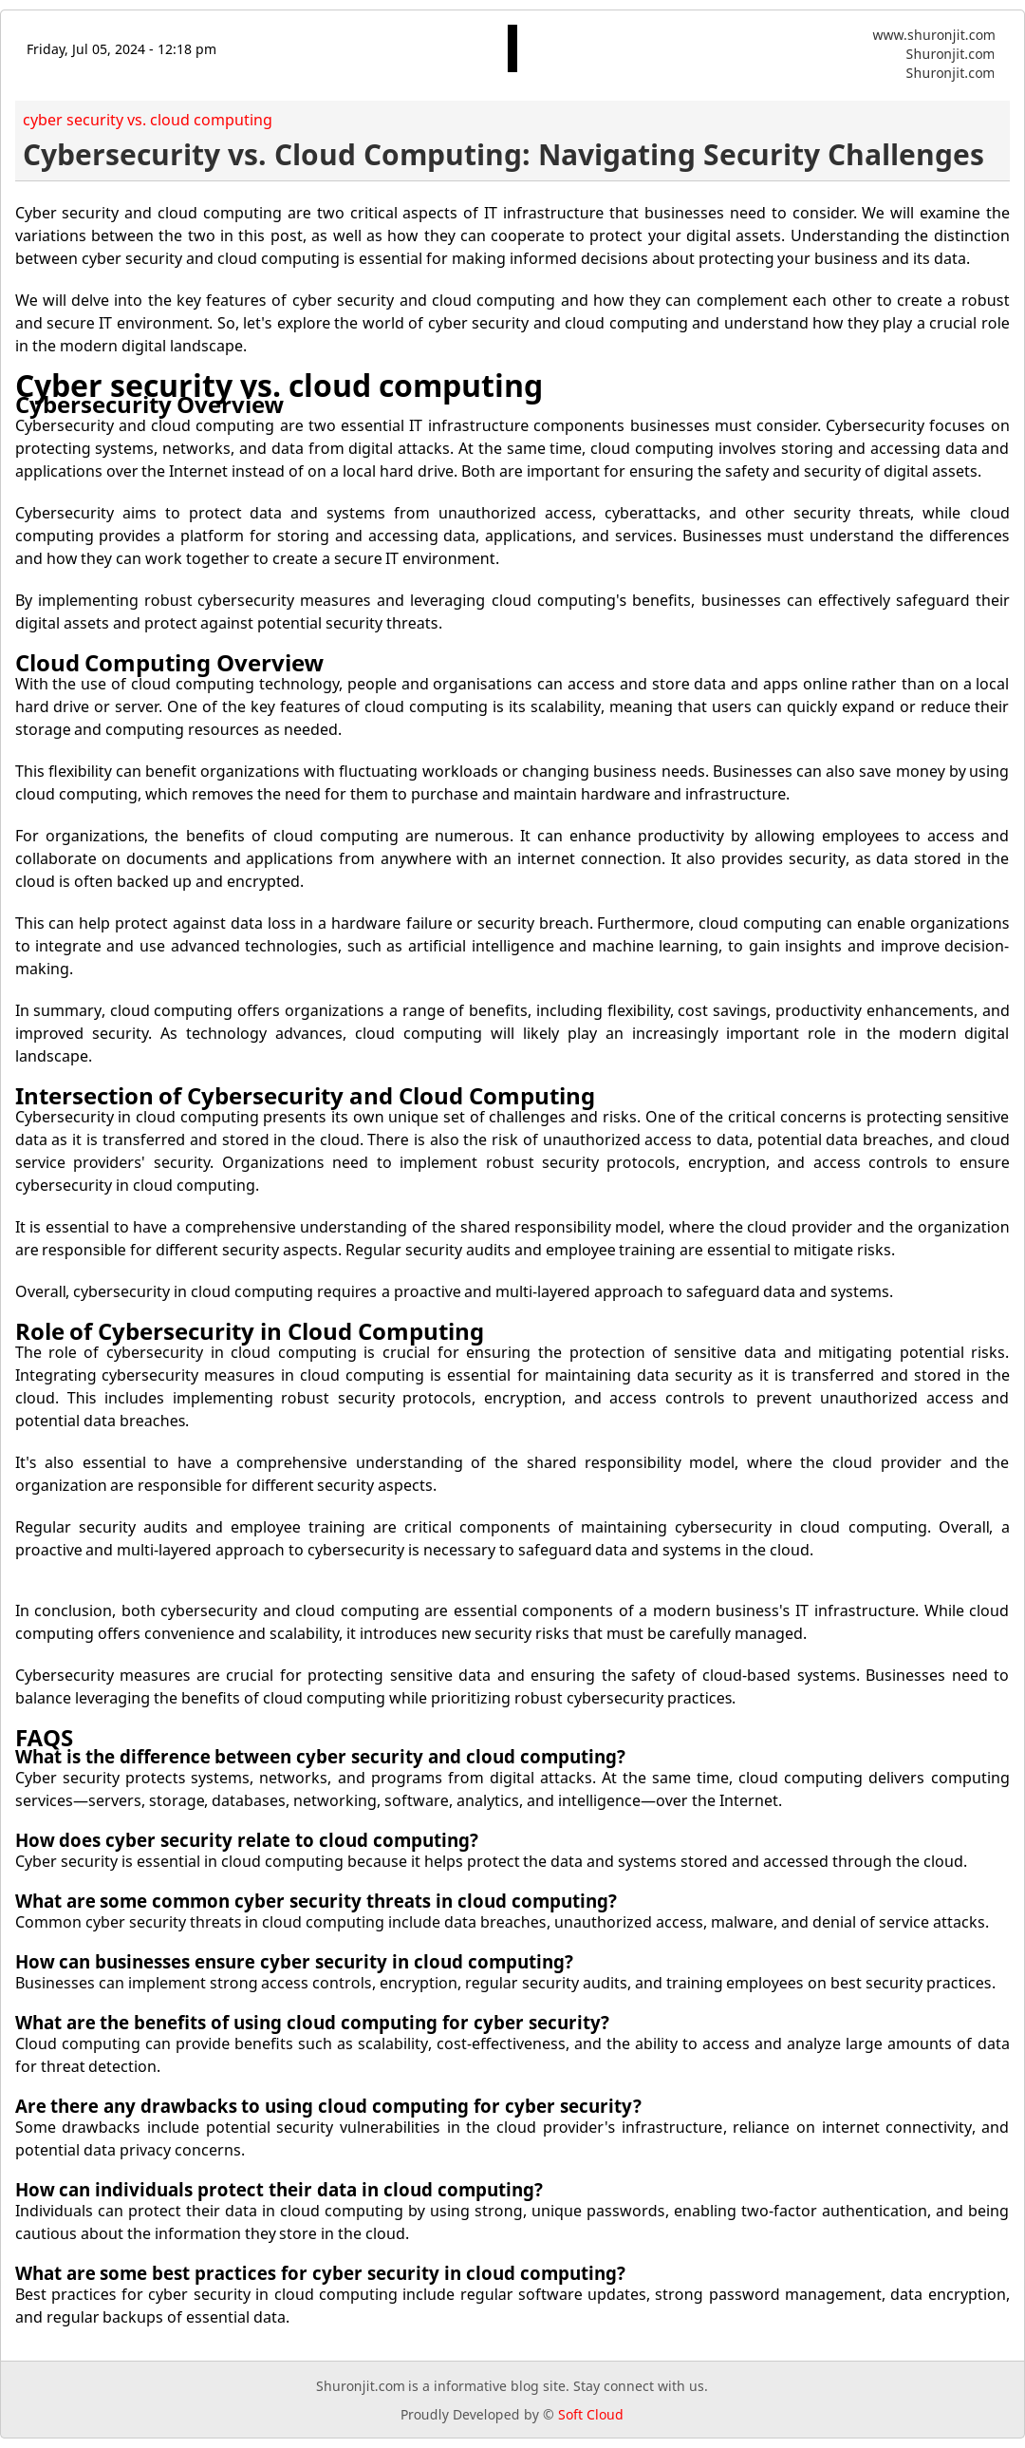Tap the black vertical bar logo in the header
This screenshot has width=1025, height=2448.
point(512,48)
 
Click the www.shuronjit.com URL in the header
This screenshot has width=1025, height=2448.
point(933,35)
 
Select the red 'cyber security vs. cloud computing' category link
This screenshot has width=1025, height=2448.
point(147,120)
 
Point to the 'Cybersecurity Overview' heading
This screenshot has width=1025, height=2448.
point(149,406)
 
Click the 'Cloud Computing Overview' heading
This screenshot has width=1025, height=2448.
point(169,664)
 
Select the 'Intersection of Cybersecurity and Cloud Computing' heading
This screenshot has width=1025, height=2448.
point(304,1097)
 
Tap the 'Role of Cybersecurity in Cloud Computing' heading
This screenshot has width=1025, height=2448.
point(249,1332)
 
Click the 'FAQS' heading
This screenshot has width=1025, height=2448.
point(44,1738)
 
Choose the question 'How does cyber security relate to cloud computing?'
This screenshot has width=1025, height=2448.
point(246,1841)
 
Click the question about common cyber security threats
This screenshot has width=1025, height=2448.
point(315,1902)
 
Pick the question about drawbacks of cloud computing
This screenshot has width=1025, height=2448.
point(327,2107)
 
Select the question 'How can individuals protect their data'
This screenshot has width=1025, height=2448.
point(278,2191)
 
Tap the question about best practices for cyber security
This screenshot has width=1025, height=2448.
point(319,2274)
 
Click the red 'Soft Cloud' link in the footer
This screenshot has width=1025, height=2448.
point(590,2415)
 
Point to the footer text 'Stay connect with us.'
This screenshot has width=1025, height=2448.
point(640,2386)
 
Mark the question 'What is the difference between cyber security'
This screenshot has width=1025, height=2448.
point(319,1757)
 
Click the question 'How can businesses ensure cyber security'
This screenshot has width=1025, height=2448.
point(293,1963)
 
